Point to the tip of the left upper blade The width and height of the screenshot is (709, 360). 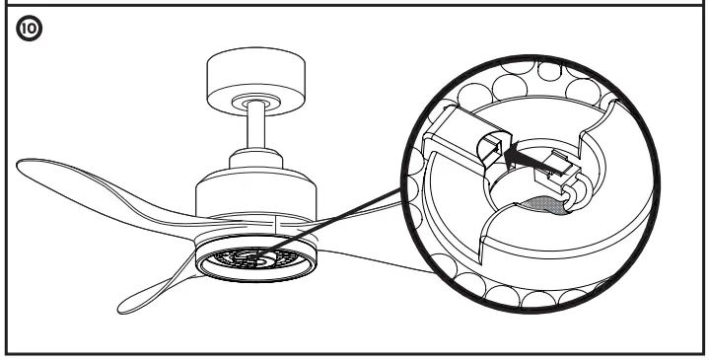pos(22,164)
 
